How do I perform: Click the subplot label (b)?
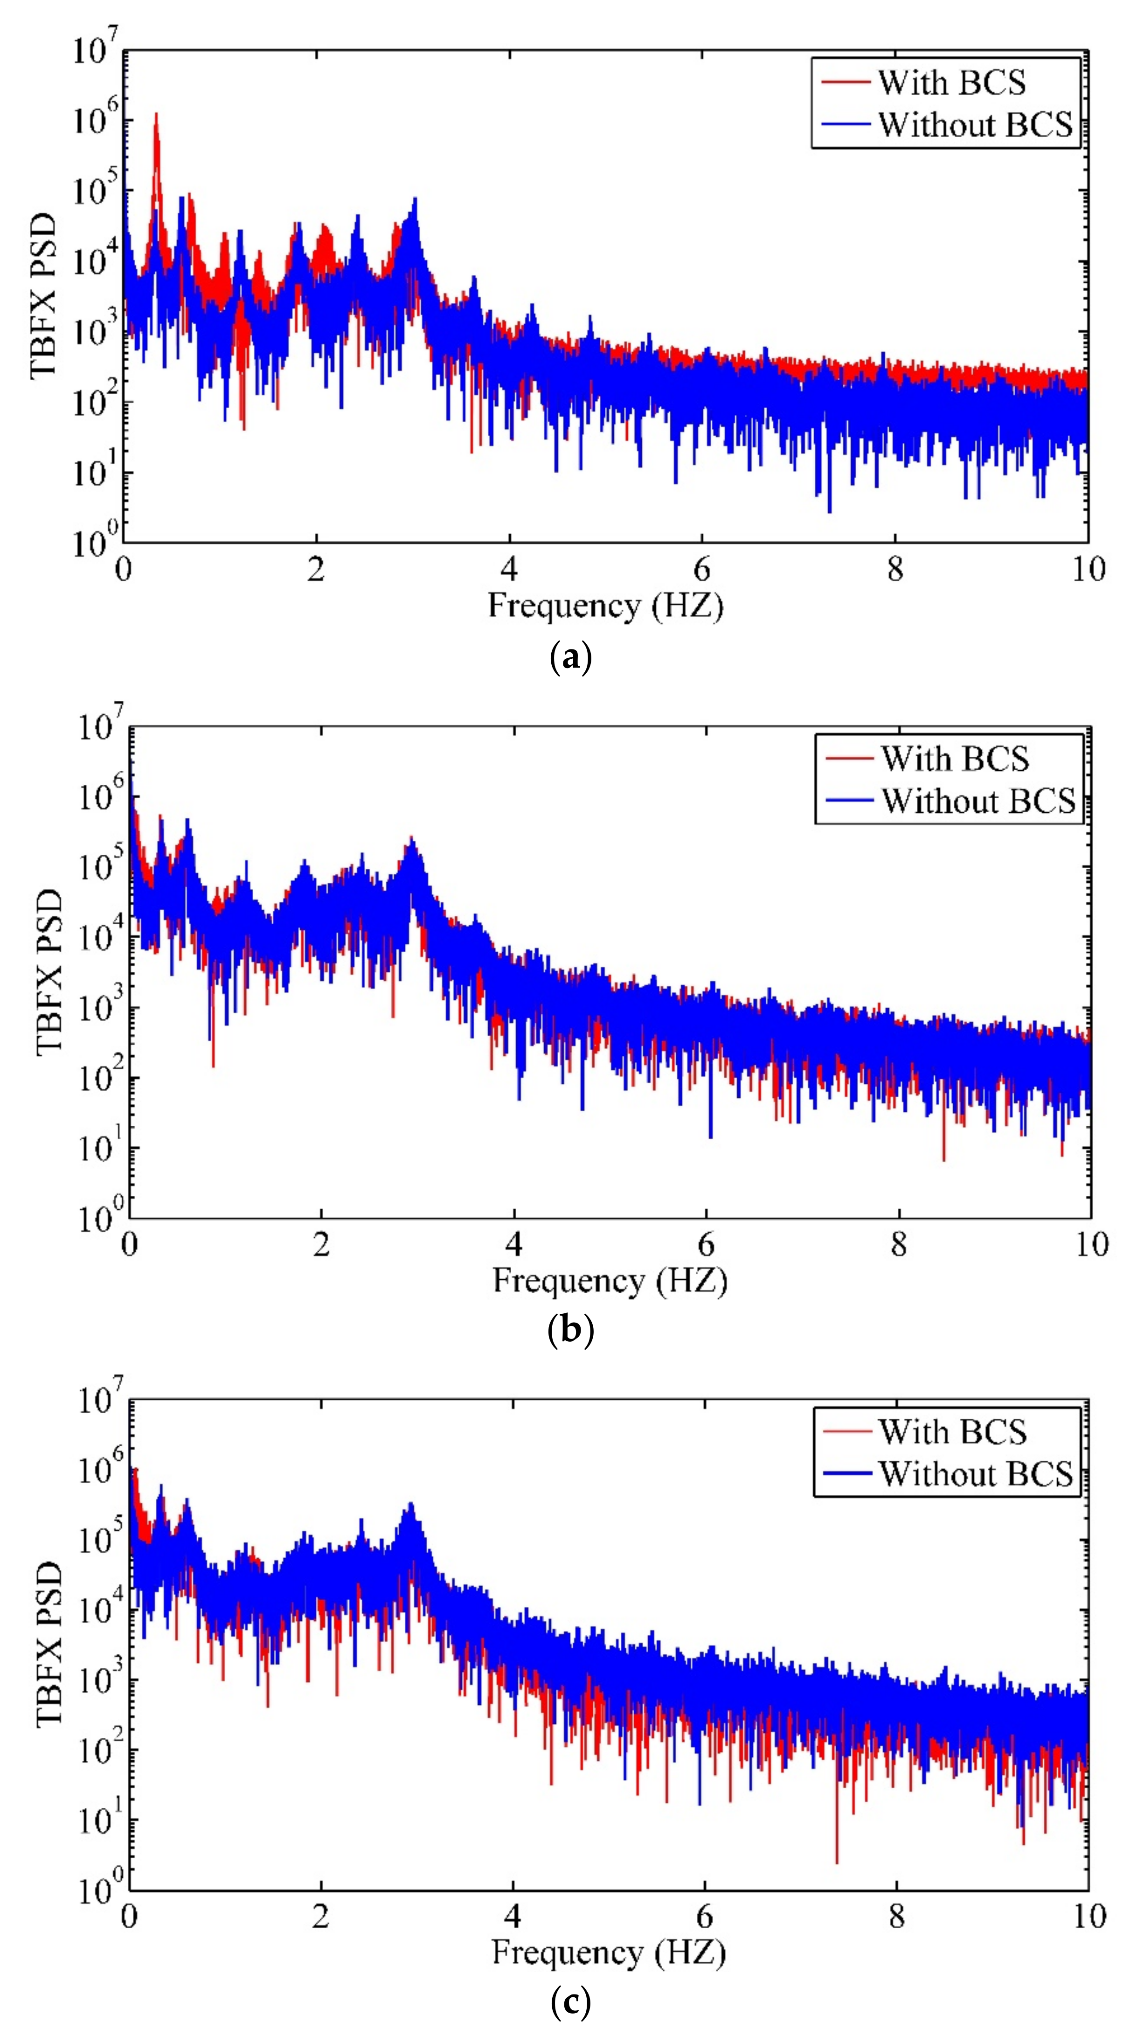pyautogui.click(x=570, y=1330)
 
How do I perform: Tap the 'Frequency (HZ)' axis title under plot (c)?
pyautogui.click(x=608, y=1952)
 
